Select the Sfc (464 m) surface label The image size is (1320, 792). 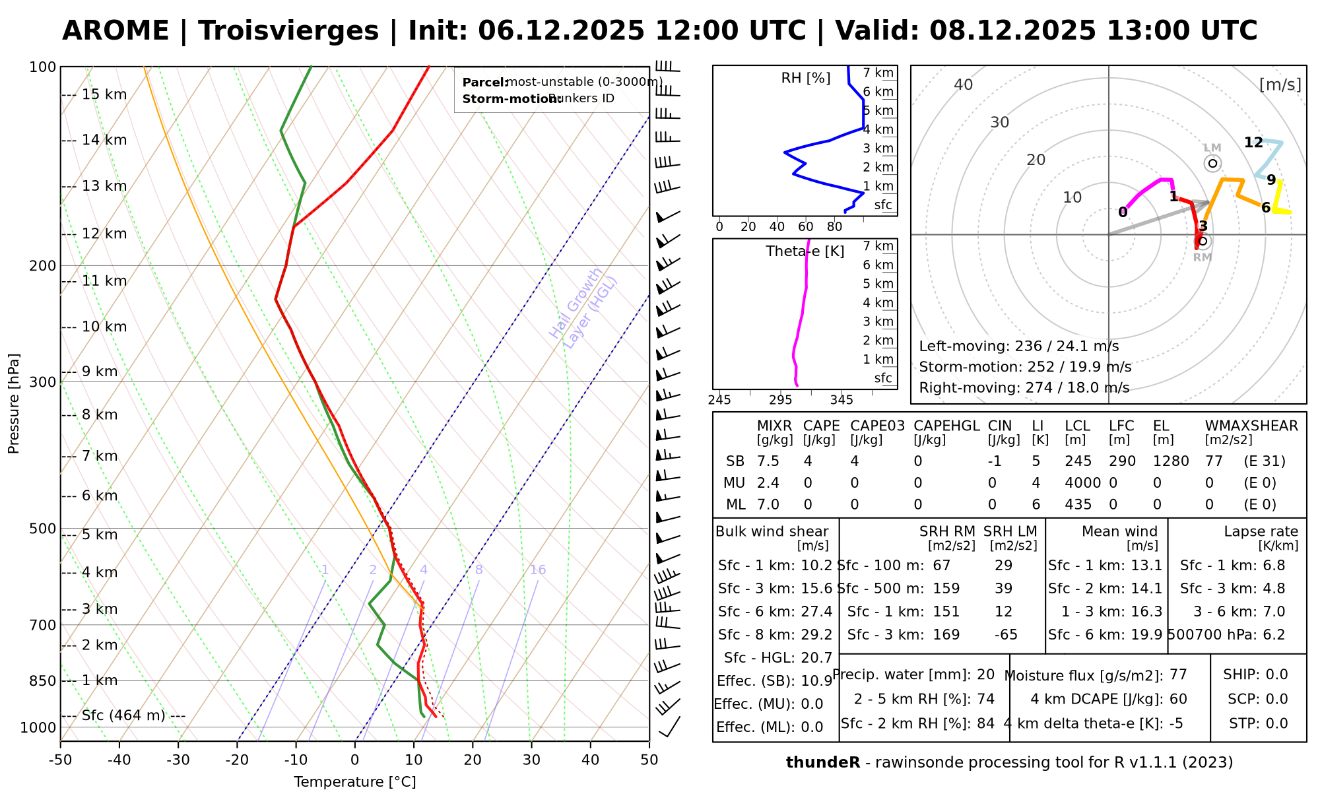coord(133,715)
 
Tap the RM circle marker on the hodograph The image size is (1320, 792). coord(1203,241)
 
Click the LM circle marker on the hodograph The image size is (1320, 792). coord(1212,164)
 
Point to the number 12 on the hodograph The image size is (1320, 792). coord(1253,143)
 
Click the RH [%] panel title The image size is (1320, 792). coord(805,79)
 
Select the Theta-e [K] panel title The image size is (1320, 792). coord(805,251)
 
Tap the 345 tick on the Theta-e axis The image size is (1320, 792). coord(841,400)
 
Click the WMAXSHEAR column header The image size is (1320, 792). coord(1251,426)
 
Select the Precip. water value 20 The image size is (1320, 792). coord(985,675)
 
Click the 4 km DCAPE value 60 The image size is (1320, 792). coord(1178,699)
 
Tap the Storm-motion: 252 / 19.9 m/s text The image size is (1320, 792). coord(1025,367)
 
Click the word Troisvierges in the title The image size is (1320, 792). coord(288,31)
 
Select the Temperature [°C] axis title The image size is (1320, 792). coord(355,782)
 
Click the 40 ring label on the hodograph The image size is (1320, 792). coord(964,84)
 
